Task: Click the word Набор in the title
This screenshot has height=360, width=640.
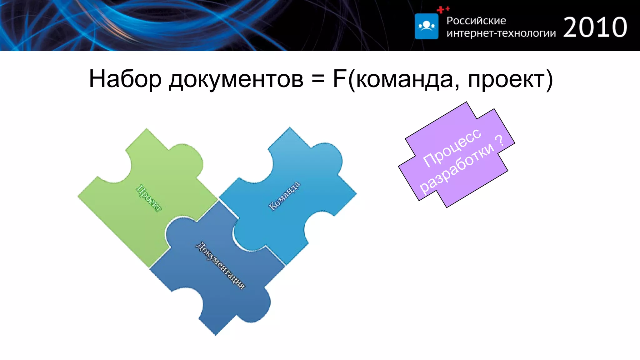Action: (125, 79)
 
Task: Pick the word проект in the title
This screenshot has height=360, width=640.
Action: (506, 80)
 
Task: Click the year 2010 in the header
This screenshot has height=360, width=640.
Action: (595, 27)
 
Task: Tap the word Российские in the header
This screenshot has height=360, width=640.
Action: (476, 21)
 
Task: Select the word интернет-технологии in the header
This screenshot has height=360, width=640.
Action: (501, 33)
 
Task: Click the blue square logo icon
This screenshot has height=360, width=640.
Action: (426, 26)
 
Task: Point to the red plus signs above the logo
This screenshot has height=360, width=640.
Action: (443, 10)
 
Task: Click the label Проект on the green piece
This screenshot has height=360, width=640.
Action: (149, 198)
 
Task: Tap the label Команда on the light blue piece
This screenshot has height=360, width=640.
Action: (284, 196)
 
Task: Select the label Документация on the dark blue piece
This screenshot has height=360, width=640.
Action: (220, 266)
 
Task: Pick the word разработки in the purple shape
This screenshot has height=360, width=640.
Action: (456, 169)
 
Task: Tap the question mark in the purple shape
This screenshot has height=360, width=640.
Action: (500, 141)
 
